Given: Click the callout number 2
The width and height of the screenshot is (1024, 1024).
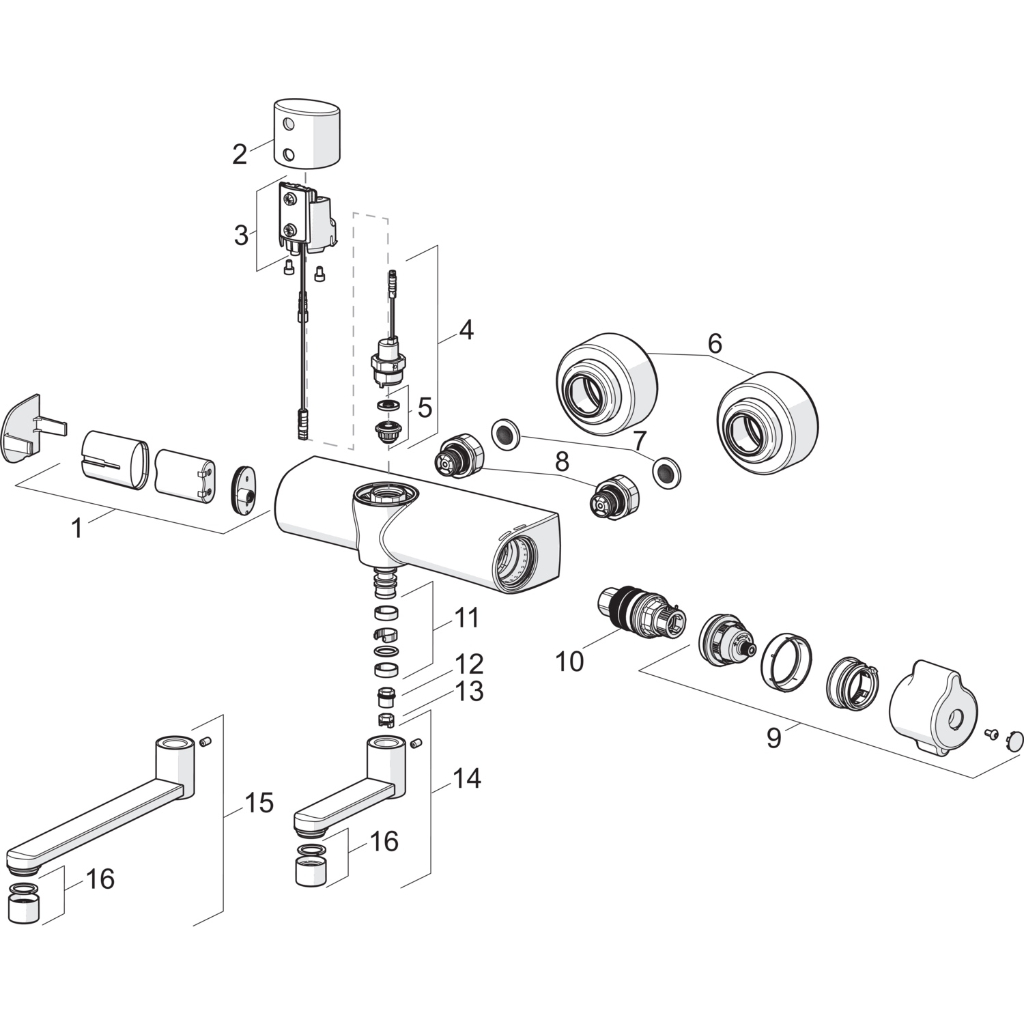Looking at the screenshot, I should (239, 154).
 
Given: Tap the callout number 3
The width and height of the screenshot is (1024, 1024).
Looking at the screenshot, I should (241, 235).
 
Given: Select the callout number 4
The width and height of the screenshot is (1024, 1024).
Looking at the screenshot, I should (466, 330).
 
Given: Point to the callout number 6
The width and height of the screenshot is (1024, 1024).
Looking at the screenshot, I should (714, 343).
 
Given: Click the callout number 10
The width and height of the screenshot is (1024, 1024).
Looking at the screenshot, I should (569, 661).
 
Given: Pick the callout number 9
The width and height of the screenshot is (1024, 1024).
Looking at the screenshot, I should (773, 738).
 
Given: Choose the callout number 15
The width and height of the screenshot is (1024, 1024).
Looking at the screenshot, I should (259, 803).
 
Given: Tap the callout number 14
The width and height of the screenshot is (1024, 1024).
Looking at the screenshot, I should (467, 778).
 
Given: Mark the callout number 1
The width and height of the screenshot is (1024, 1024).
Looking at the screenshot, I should (77, 527).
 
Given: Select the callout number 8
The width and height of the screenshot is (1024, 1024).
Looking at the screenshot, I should (562, 461).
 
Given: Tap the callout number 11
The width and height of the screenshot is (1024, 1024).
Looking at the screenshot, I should (468, 618).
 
